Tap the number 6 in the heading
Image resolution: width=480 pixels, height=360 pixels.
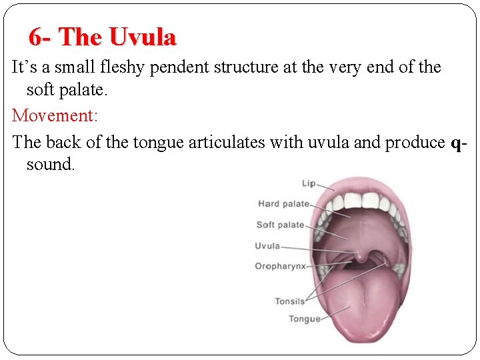coord(35,37)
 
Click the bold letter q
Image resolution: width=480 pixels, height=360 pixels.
coord(456,143)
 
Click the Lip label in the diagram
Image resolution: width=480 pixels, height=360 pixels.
coord(308,183)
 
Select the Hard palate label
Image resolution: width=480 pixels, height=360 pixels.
coord(283,204)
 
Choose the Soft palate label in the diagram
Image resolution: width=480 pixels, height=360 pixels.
coord(280,225)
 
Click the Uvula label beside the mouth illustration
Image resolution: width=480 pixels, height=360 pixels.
coord(267,246)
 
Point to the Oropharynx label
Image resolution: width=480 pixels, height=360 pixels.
coord(280,266)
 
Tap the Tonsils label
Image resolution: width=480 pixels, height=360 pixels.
coord(290,301)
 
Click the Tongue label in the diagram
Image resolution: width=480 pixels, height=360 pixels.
coord(304,319)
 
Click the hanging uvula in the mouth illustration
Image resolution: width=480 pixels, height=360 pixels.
coord(359,254)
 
